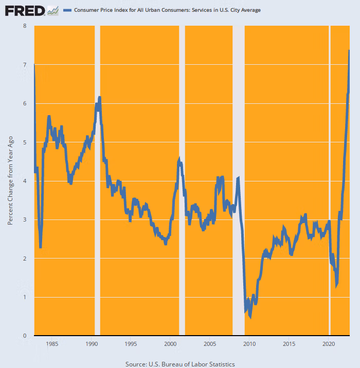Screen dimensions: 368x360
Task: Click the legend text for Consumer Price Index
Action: (168, 10)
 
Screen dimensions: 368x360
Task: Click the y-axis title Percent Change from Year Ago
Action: (10, 180)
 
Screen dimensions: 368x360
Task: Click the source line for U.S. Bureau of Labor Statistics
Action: (180, 364)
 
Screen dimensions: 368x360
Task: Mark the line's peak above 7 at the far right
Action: (349, 50)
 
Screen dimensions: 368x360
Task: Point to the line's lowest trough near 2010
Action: (250, 317)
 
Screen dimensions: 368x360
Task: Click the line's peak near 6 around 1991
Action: (99, 97)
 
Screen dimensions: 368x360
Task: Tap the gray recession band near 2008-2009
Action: (239, 180)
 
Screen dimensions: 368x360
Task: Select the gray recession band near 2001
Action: (182, 180)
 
